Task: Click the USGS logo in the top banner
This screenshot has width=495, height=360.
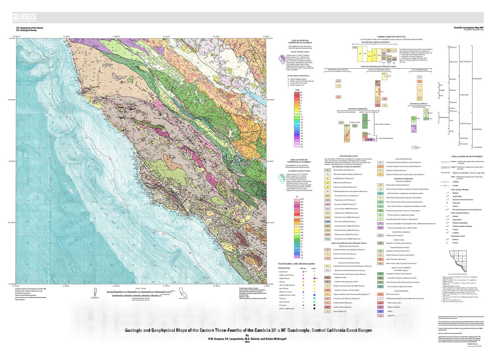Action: pos(25,17)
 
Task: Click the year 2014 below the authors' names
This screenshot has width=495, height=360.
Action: pos(247,342)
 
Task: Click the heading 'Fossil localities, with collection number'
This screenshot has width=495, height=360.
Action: pos(297,264)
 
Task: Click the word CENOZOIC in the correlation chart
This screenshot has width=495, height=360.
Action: pos(477,79)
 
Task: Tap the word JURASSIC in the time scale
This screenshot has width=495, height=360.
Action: pos(464,138)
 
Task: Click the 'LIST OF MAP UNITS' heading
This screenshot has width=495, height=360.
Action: pos(348,156)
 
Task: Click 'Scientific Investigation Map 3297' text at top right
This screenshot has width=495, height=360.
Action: pos(468,28)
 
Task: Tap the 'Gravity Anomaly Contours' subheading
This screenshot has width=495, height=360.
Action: pos(298,52)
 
